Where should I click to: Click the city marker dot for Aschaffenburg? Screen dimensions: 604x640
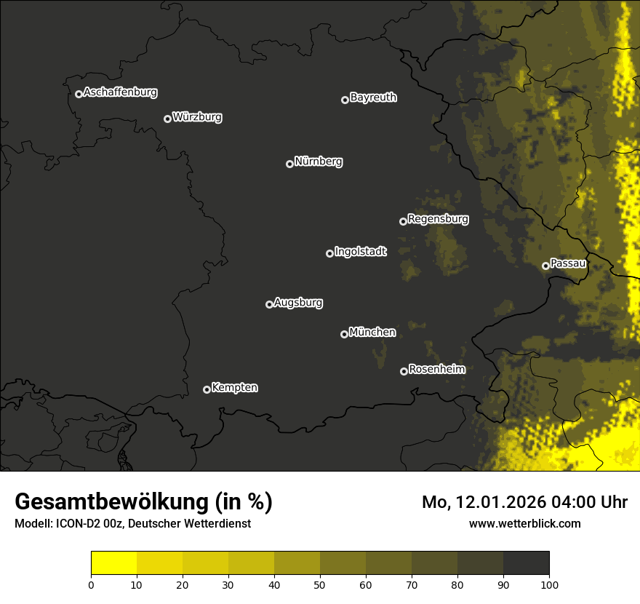point(79,94)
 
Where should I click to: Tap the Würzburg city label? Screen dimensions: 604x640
point(197,116)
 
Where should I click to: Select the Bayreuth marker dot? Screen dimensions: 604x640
point(345,100)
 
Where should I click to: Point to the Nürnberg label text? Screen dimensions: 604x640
point(318,162)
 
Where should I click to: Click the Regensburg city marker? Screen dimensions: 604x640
point(403,221)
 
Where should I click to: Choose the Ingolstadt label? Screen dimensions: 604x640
point(360,252)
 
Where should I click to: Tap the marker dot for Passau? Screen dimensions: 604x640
point(545,266)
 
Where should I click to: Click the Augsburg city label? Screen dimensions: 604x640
point(298,303)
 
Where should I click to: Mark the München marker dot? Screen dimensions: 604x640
point(344,335)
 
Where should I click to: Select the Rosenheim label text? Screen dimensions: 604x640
point(436,369)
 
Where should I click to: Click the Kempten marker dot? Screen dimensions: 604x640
point(207,389)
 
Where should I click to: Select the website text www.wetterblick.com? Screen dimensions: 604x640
point(525,523)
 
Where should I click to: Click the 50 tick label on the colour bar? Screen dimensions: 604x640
point(320,584)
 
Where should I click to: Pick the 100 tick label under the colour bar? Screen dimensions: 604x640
point(549,584)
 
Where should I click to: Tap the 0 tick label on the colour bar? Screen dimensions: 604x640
point(91,584)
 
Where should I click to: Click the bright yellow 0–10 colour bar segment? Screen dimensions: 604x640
point(113,563)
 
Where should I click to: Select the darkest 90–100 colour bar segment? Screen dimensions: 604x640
point(526,563)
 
